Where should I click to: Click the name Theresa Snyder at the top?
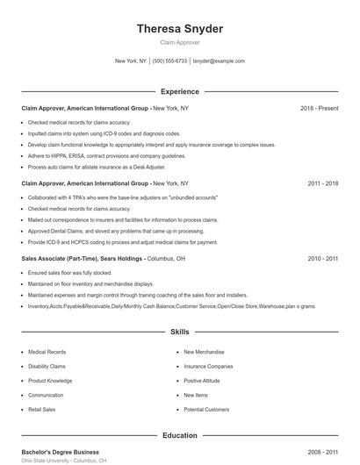pyautogui.click(x=180, y=29)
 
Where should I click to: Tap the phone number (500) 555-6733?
pyautogui.click(x=170, y=61)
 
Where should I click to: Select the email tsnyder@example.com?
pyautogui.click(x=219, y=61)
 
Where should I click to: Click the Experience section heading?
pyautogui.click(x=180, y=91)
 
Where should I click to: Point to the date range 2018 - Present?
pyautogui.click(x=319, y=108)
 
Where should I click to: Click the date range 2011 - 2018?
pyautogui.click(x=323, y=183)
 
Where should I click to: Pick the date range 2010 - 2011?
pyautogui.click(x=323, y=259)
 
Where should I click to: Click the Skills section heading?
pyautogui.click(x=180, y=333)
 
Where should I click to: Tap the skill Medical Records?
pyautogui.click(x=47, y=352)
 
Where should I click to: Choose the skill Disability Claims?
pyautogui.click(x=47, y=366)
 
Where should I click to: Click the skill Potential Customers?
pyautogui.click(x=206, y=409)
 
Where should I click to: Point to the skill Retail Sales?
pyautogui.click(x=41, y=409)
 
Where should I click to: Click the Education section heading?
pyautogui.click(x=180, y=435)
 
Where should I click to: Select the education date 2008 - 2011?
pyautogui.click(x=323, y=452)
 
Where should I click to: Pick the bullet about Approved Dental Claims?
pyautogui.click(x=91, y=231)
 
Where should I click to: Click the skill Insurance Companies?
pyautogui.click(x=208, y=366)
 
